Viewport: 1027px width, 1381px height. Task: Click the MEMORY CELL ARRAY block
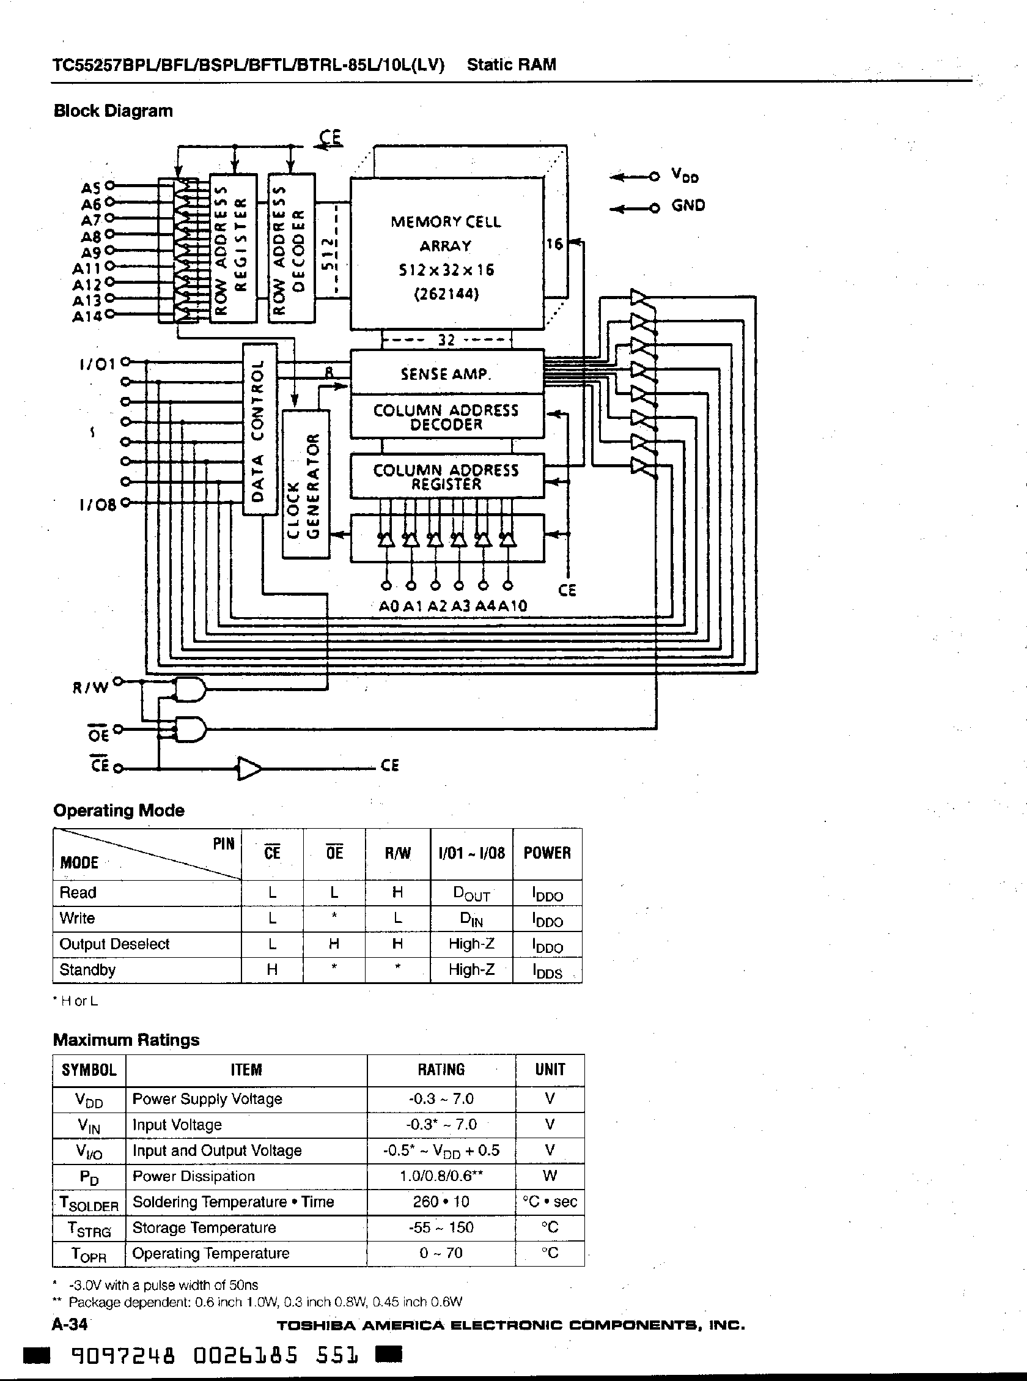click(x=446, y=254)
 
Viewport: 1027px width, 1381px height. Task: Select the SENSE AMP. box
click(x=446, y=373)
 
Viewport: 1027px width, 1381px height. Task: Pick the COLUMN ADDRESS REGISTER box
click(x=446, y=477)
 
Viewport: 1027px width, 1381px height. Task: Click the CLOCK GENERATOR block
click(x=306, y=484)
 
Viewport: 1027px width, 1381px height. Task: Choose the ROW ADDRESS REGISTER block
click(x=233, y=248)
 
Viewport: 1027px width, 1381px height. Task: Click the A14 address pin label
click(x=87, y=316)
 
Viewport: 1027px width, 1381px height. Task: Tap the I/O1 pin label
click(x=98, y=364)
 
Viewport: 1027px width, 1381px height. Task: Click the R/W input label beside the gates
click(x=90, y=687)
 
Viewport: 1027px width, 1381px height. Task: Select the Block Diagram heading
click(x=113, y=111)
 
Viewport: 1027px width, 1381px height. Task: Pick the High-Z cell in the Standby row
click(x=471, y=970)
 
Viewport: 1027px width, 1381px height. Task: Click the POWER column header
click(x=547, y=853)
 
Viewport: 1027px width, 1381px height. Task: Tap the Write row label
click(x=77, y=919)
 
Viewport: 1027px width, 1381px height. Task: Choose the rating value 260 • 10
click(x=441, y=1202)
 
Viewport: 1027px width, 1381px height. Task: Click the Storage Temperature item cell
click(x=204, y=1228)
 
